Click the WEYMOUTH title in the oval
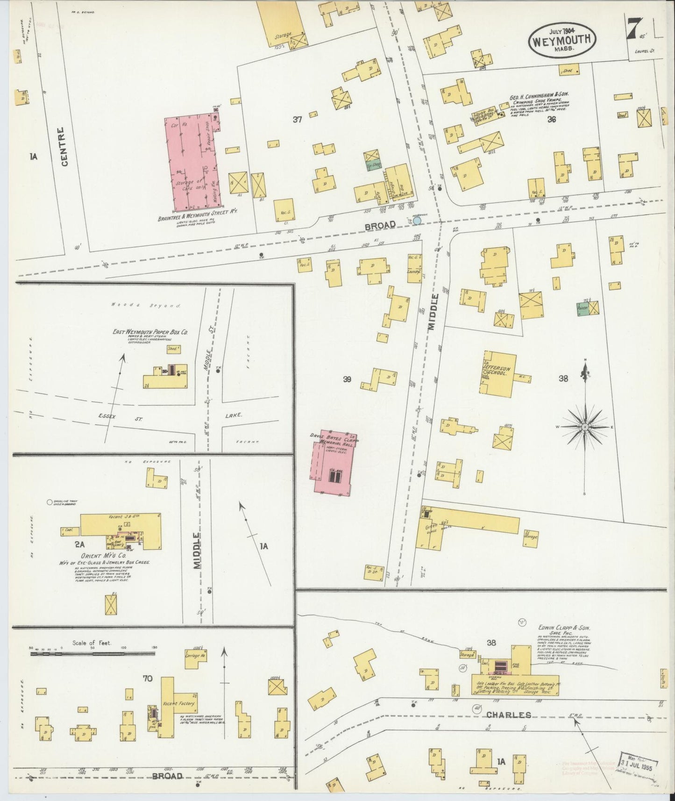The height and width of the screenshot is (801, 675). (x=563, y=40)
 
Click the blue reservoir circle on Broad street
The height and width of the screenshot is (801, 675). (x=417, y=220)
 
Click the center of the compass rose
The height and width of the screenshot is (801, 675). (x=585, y=427)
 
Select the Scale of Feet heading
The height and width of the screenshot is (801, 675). (x=92, y=643)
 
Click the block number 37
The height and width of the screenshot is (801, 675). (x=297, y=120)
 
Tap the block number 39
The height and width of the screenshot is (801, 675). (x=347, y=379)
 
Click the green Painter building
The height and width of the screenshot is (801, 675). (x=582, y=308)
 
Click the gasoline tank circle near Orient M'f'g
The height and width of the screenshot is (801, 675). (x=50, y=502)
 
